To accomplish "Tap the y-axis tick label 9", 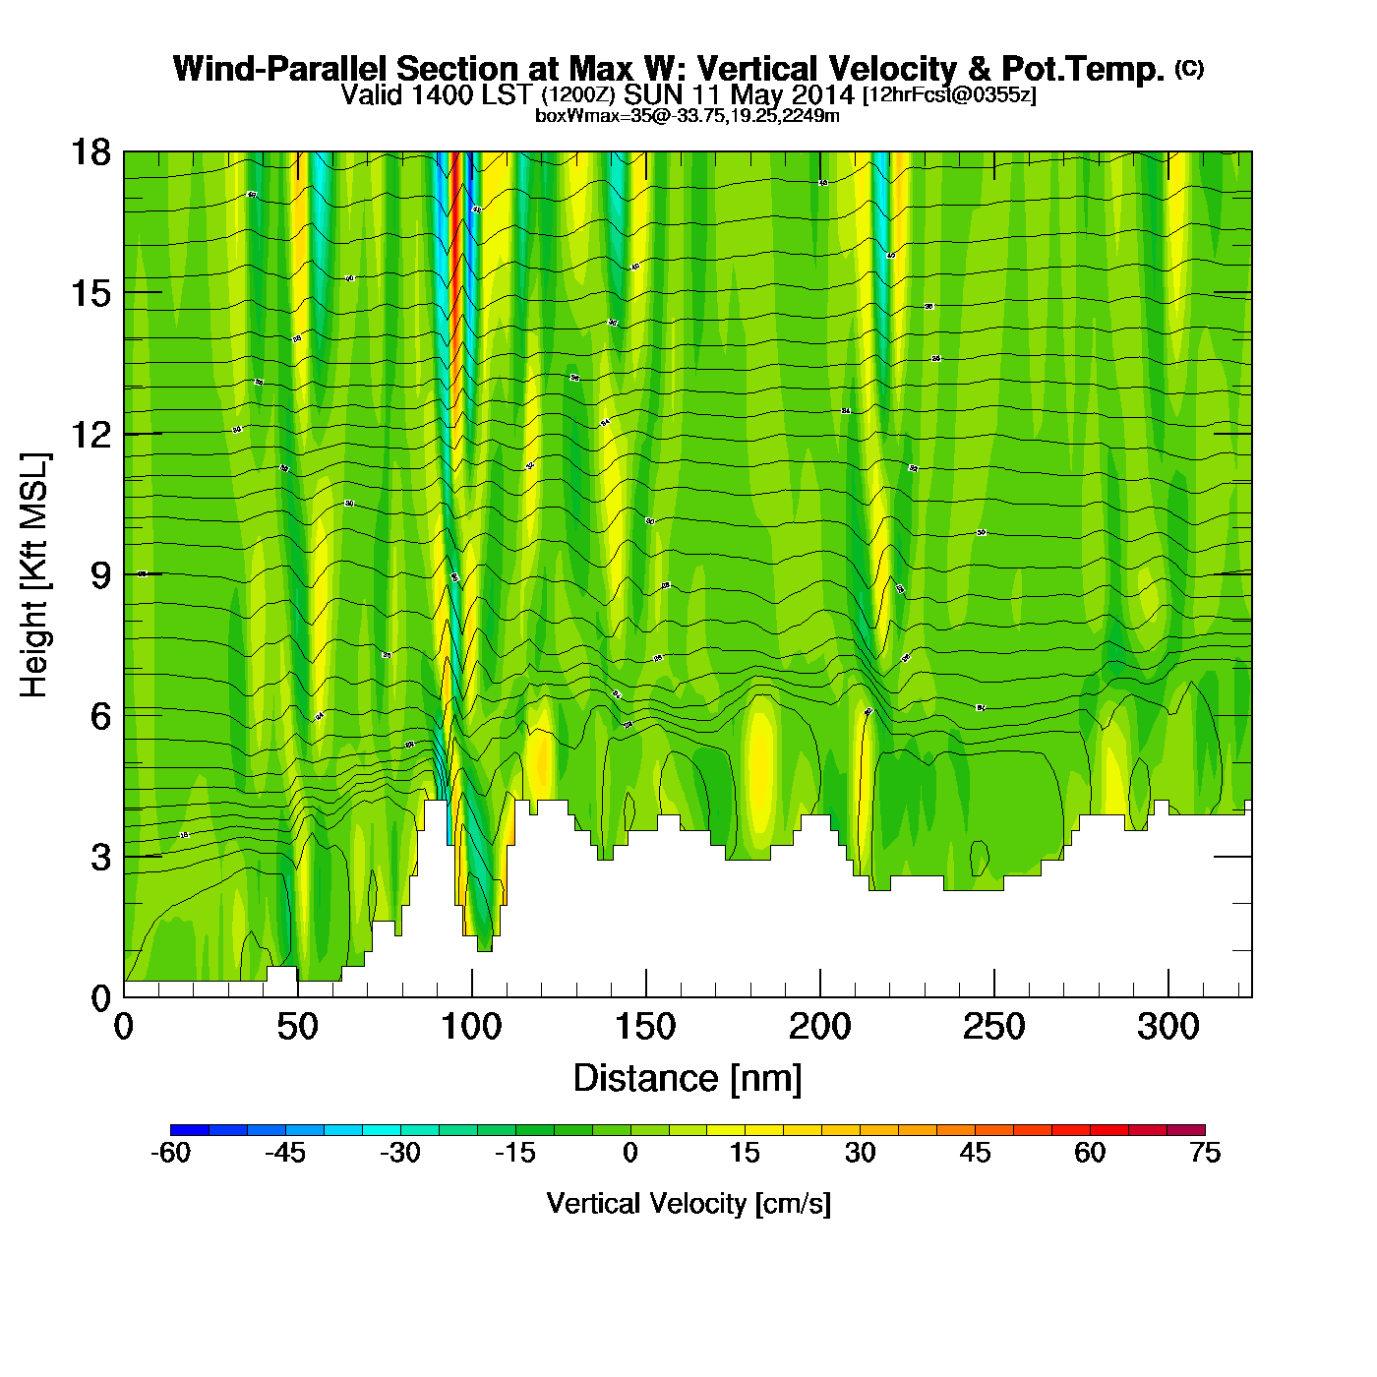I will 100,575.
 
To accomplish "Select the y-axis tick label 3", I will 100,858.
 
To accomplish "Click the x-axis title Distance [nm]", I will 688,1079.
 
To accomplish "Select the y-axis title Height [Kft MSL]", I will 34,575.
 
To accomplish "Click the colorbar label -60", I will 170,1153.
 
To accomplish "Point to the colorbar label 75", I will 1205,1153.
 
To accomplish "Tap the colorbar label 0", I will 630,1153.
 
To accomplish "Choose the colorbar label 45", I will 975,1153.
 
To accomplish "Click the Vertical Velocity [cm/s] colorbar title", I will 688,1204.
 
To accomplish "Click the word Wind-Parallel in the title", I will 280,69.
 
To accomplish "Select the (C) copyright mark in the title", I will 1189,68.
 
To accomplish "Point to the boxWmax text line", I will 687,116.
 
